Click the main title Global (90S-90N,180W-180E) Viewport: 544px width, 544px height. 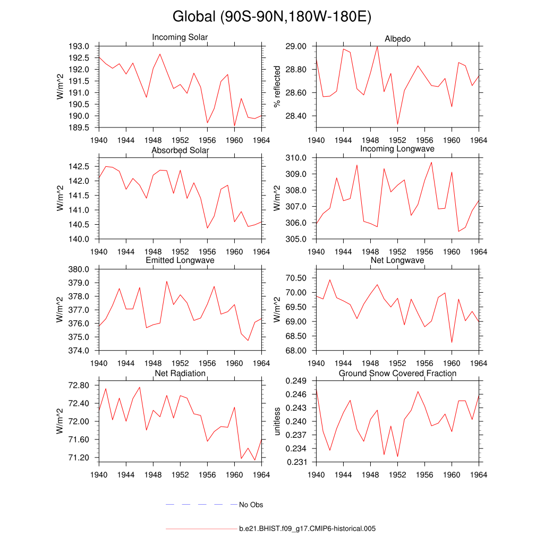coord(271,17)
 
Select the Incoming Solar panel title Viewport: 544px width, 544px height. coord(180,37)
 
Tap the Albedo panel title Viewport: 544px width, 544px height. coord(397,39)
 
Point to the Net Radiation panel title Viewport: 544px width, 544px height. coord(180,373)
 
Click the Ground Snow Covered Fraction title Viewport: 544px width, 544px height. coord(397,373)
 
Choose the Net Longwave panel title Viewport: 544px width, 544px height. coord(397,260)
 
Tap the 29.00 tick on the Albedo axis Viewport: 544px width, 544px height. coord(296,46)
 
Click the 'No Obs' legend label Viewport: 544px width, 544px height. coord(251,505)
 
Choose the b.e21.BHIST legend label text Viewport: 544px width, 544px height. coord(307,529)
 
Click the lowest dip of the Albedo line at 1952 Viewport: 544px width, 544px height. coord(397,125)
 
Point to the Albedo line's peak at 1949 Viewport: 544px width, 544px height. coord(377,46)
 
